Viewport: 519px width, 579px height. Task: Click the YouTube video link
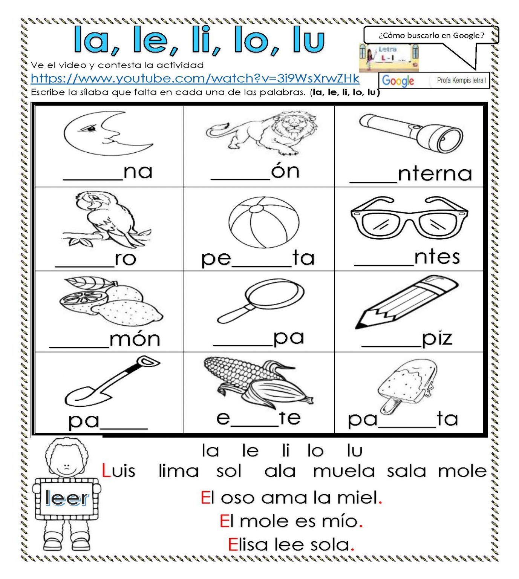click(195, 78)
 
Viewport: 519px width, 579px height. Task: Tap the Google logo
click(398, 80)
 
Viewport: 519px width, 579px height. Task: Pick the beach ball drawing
click(263, 222)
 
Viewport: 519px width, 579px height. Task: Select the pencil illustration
click(407, 302)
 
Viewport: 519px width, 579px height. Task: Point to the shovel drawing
click(111, 383)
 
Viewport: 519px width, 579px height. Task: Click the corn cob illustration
click(258, 383)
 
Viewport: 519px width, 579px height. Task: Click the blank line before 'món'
click(79, 345)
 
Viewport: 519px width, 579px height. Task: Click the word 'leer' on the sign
click(67, 498)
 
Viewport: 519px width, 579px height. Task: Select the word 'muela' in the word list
click(344, 471)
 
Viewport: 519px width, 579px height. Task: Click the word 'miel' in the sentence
click(357, 498)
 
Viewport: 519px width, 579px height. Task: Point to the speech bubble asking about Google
click(431, 35)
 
